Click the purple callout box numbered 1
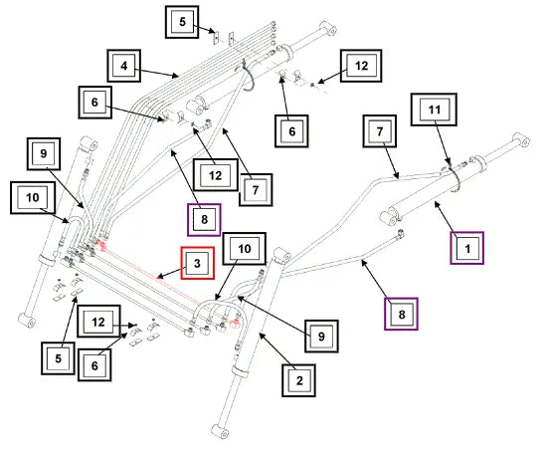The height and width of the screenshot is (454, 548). [466, 248]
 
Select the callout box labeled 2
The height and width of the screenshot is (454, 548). [298, 380]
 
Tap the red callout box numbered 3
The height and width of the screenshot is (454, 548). [198, 263]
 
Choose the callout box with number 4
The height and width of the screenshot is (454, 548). [124, 66]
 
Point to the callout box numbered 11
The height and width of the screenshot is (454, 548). [434, 110]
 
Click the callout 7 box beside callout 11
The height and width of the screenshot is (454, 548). [380, 131]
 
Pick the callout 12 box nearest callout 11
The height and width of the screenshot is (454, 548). [361, 66]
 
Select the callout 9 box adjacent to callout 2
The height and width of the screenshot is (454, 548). [321, 337]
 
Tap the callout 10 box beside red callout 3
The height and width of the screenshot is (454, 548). [245, 249]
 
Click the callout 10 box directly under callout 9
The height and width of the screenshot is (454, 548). [33, 197]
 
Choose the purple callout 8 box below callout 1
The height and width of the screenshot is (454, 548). [401, 314]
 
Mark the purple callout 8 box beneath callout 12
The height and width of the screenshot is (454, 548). [205, 220]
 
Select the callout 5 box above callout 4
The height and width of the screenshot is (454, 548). [182, 22]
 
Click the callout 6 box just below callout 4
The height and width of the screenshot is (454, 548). [95, 103]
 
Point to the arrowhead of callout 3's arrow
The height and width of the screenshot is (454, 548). [159, 278]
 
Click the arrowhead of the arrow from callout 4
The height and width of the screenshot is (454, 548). [176, 76]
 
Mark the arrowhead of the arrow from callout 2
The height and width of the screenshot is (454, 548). [261, 336]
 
